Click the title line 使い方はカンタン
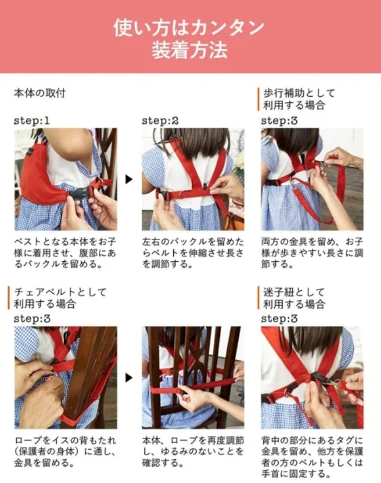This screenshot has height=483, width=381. (x=189, y=28)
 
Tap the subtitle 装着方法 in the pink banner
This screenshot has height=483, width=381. (x=189, y=50)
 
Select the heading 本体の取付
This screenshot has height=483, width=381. (x=39, y=93)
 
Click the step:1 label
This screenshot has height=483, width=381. (x=32, y=121)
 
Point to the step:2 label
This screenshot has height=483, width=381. (x=160, y=121)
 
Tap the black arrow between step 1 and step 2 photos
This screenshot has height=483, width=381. (x=129, y=180)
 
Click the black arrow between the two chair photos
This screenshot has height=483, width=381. (x=129, y=377)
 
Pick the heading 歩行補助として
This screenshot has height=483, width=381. (x=299, y=93)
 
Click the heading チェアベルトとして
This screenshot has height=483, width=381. (x=61, y=292)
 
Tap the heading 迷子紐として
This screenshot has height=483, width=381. (x=294, y=292)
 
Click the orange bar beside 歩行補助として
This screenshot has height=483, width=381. (x=258, y=99)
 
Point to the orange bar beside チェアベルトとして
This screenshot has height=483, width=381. (x=9, y=298)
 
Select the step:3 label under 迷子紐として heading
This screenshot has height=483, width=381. (x=279, y=319)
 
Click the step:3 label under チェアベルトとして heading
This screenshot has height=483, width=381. (x=32, y=319)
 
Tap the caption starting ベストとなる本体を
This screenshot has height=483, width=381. (x=65, y=253)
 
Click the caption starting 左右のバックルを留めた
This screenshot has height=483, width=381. (x=193, y=253)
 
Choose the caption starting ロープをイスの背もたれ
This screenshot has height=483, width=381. (x=65, y=451)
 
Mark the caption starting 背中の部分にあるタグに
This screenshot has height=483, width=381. (x=312, y=457)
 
